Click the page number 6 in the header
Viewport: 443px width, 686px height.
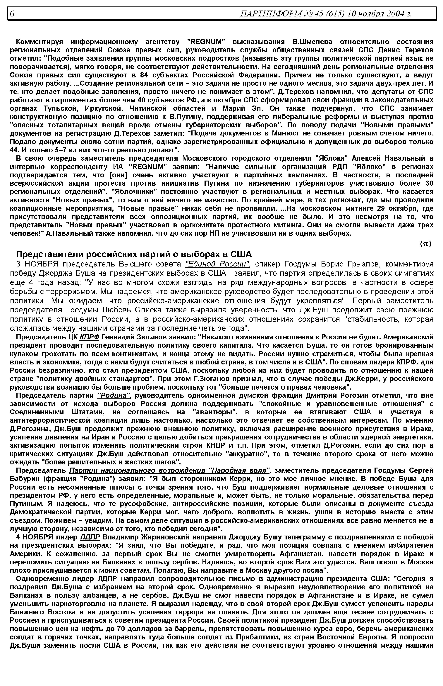pyautogui.click(x=12, y=13)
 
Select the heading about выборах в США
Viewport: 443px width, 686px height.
pyautogui.click(x=134, y=254)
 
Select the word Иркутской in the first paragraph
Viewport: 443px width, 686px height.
pyautogui.click(x=104, y=108)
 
